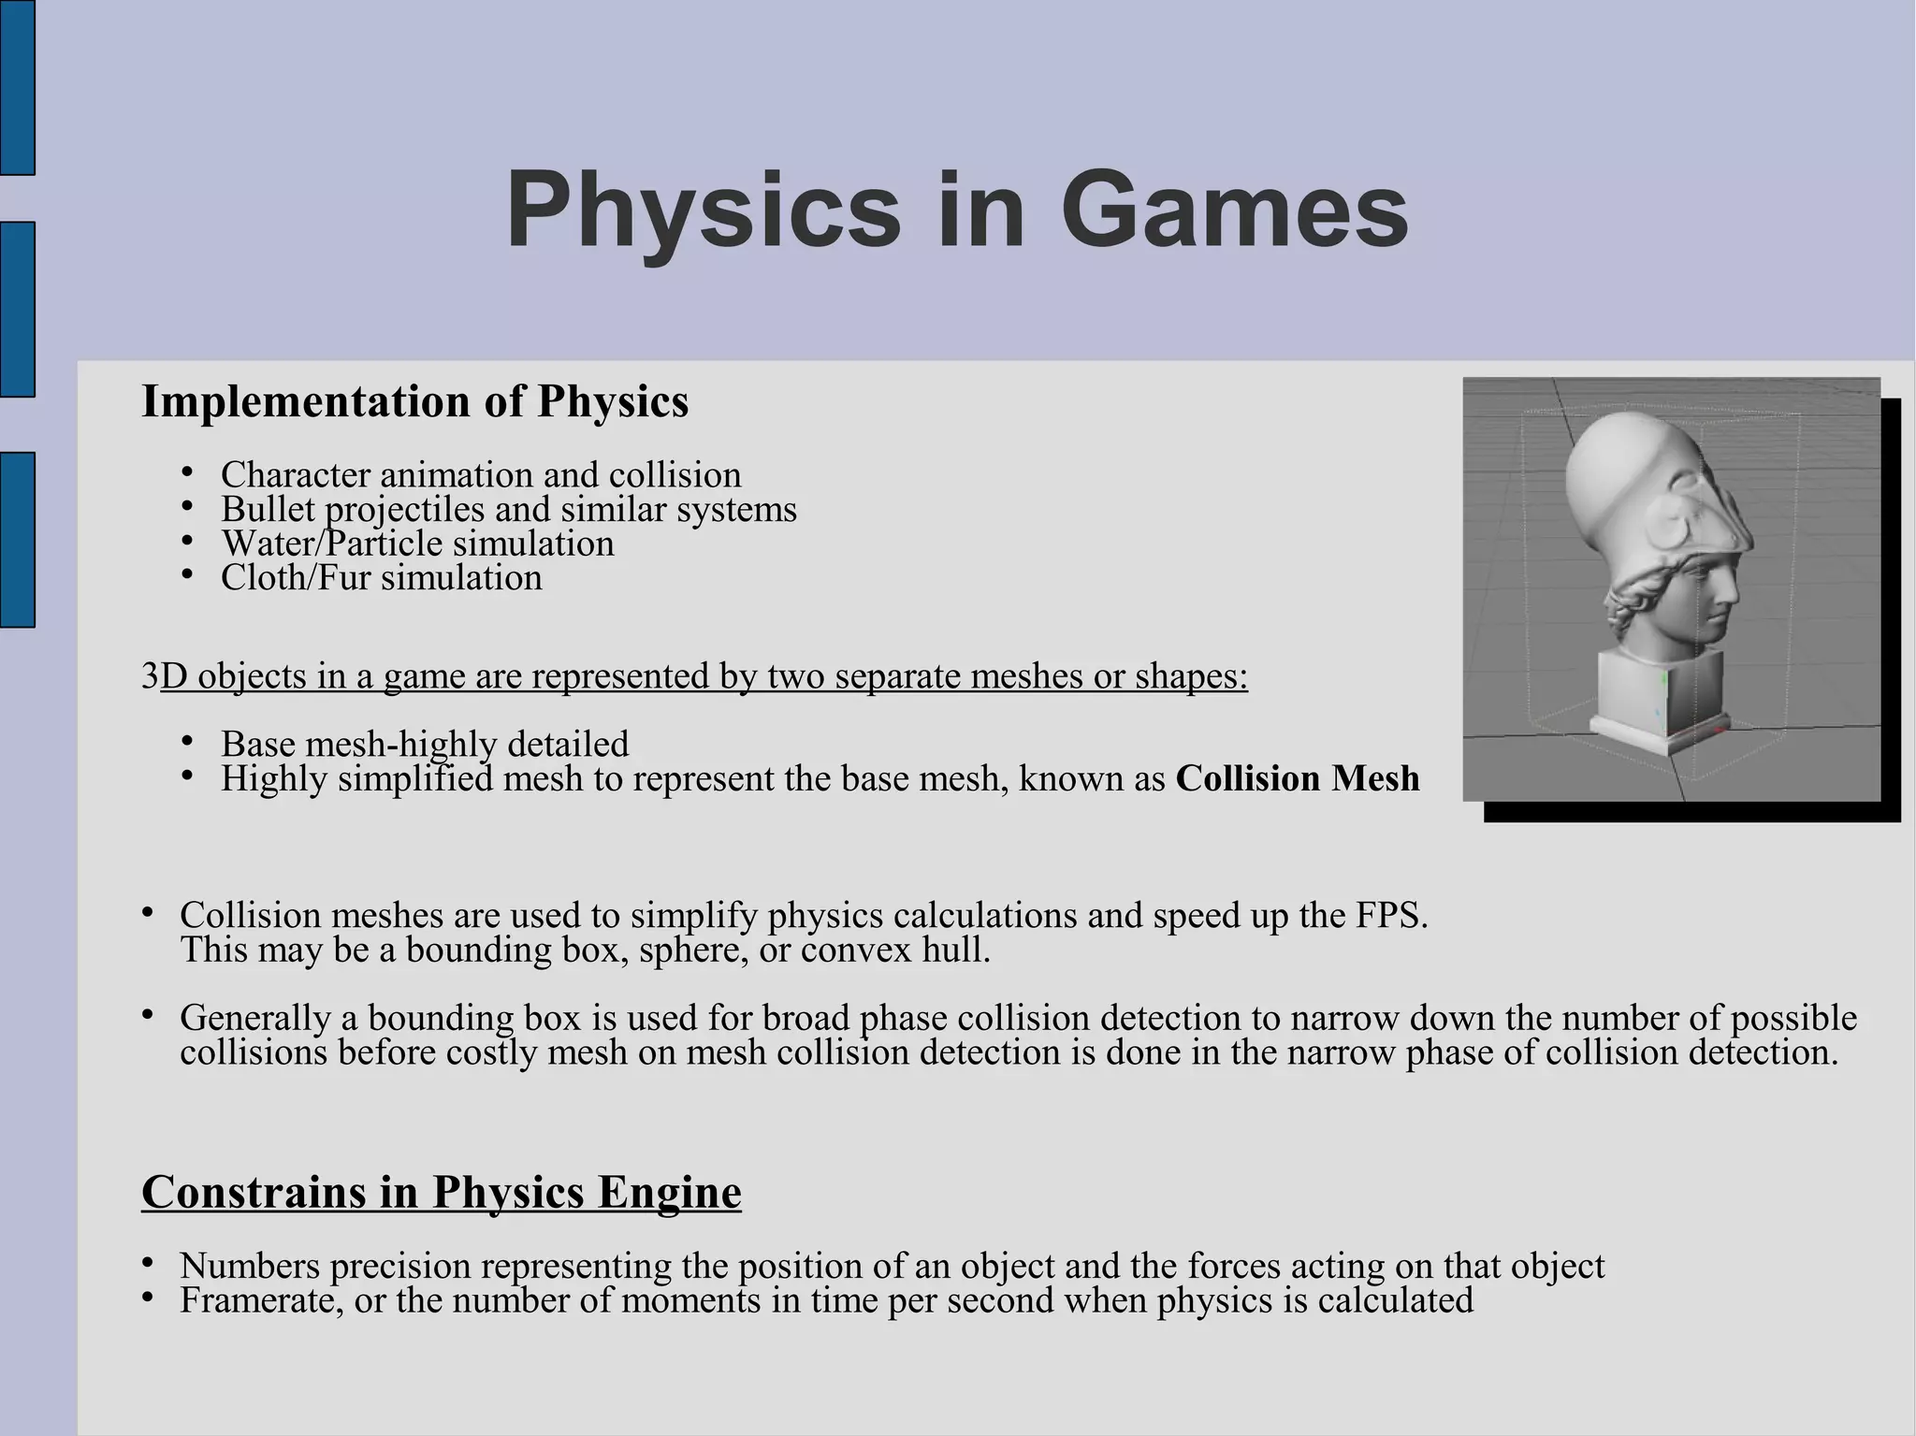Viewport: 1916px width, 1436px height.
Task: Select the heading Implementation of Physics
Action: click(414, 401)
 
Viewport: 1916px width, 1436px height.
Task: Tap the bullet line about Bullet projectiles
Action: click(508, 510)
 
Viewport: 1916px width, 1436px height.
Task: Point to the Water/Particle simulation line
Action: click(417, 544)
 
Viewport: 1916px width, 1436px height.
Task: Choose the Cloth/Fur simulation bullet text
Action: click(381, 578)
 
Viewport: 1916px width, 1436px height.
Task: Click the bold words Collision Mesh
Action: click(1297, 778)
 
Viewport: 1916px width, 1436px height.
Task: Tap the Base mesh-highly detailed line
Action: click(425, 744)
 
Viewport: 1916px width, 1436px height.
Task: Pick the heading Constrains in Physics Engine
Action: click(441, 1192)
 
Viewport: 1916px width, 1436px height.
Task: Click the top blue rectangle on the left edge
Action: click(17, 87)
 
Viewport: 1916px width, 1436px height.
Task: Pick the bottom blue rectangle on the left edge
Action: click(17, 539)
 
